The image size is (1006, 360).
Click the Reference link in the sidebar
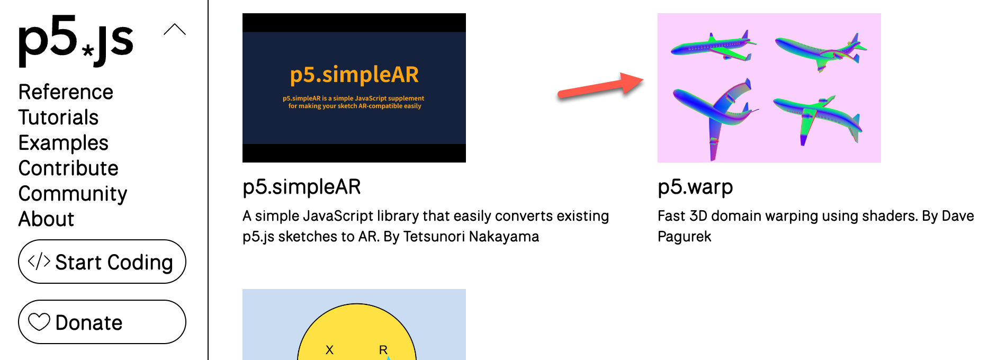66,92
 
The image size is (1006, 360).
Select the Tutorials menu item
58,118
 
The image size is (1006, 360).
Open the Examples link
64,143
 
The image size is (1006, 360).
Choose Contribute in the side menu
68,168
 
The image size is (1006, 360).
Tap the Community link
73,194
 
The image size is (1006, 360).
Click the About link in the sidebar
46,219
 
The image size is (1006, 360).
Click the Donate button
102,322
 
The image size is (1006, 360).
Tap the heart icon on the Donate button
39,322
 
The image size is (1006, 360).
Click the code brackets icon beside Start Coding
39,262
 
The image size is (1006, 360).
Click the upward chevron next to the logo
175,30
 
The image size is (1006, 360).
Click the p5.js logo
76,41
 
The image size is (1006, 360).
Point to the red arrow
600,86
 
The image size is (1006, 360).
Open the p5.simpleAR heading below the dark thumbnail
302,187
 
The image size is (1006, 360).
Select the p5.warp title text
695,187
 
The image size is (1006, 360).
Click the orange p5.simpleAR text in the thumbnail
354,75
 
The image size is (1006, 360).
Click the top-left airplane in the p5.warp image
714,46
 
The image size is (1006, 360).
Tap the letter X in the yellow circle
329,350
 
